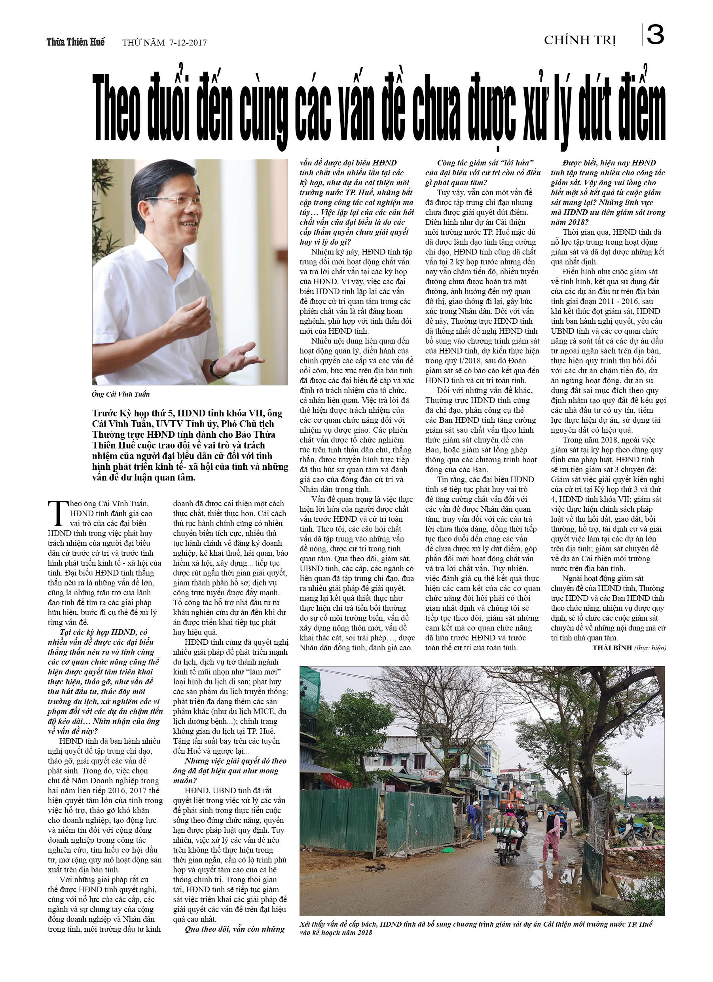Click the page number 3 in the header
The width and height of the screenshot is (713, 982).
click(x=655, y=35)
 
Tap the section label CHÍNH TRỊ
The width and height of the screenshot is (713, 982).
click(x=580, y=40)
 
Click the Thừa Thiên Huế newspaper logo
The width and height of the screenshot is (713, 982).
click(x=76, y=42)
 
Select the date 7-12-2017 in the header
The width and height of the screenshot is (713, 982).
click(x=188, y=42)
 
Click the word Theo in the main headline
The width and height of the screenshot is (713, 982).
click(x=117, y=108)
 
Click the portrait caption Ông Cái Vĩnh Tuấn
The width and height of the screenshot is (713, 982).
click(x=121, y=394)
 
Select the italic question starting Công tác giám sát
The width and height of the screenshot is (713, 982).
click(x=483, y=173)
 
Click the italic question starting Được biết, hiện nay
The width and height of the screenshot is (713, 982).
click(x=608, y=192)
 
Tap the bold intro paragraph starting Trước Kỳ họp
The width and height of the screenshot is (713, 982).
click(x=190, y=445)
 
